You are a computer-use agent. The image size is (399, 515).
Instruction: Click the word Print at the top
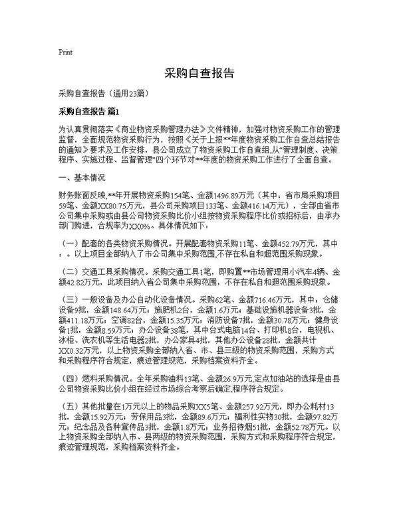66,51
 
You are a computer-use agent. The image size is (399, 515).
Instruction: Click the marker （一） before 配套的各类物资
70,244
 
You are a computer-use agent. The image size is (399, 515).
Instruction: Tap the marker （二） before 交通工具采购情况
70,271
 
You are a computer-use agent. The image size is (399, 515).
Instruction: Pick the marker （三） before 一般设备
70,299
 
